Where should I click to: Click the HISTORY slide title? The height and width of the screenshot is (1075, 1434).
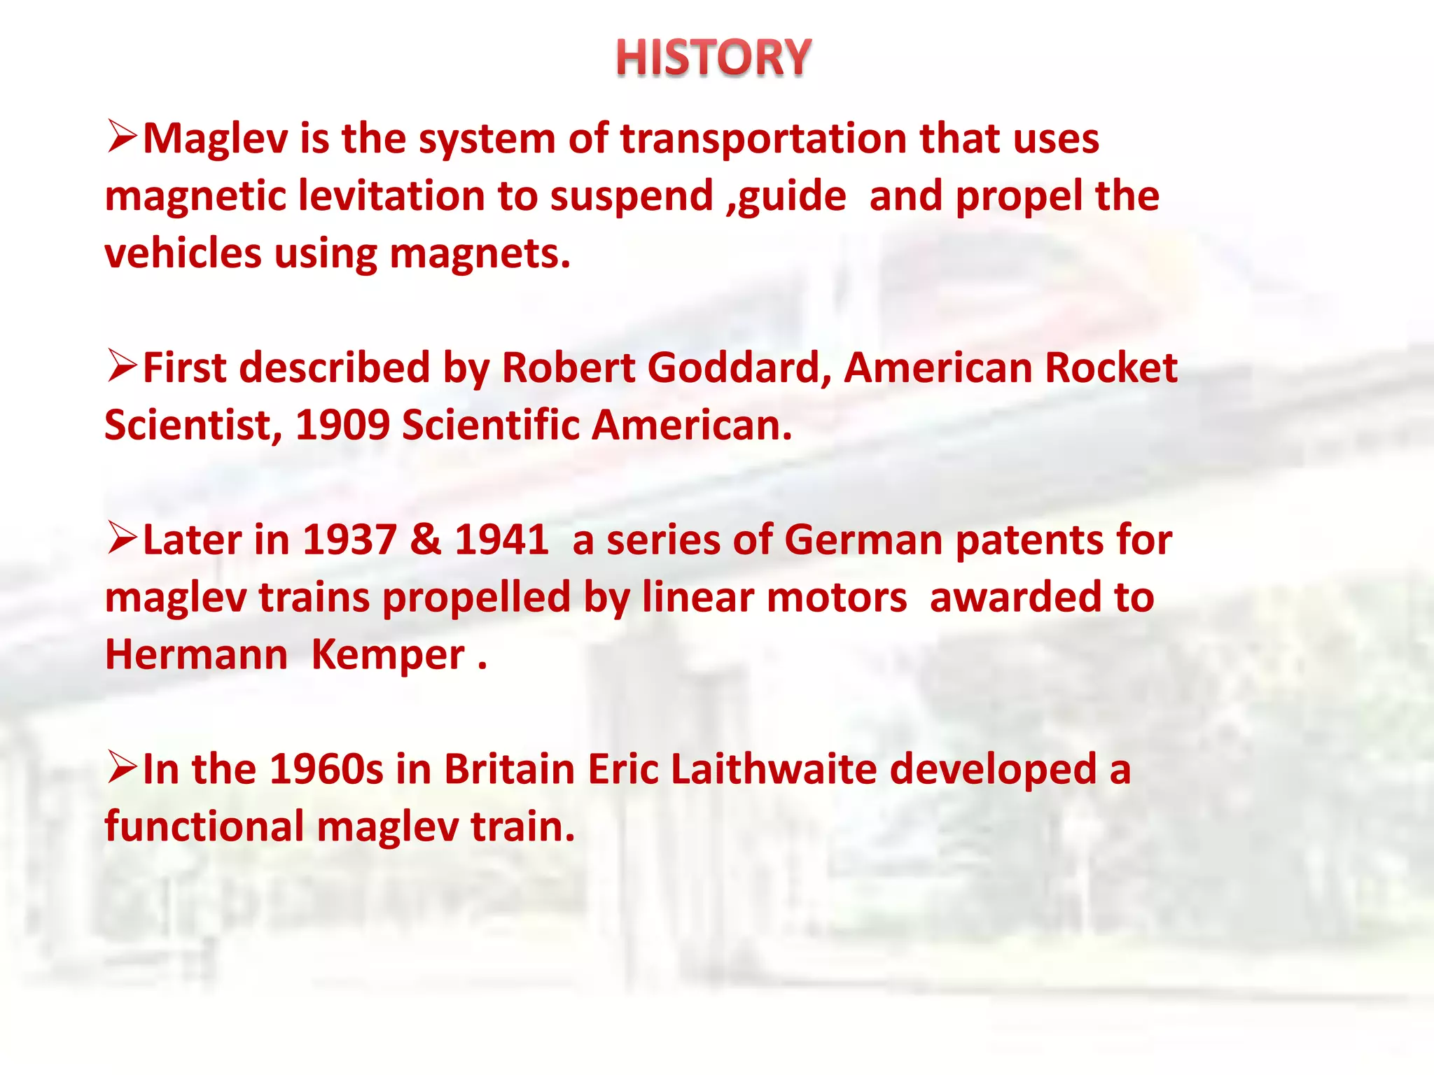point(713,57)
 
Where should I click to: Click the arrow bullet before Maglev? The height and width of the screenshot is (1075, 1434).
point(122,136)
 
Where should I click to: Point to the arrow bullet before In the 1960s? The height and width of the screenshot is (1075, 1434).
point(122,767)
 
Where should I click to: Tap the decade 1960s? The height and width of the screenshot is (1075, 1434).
point(326,769)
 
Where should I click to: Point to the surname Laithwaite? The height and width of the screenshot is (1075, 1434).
point(773,769)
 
